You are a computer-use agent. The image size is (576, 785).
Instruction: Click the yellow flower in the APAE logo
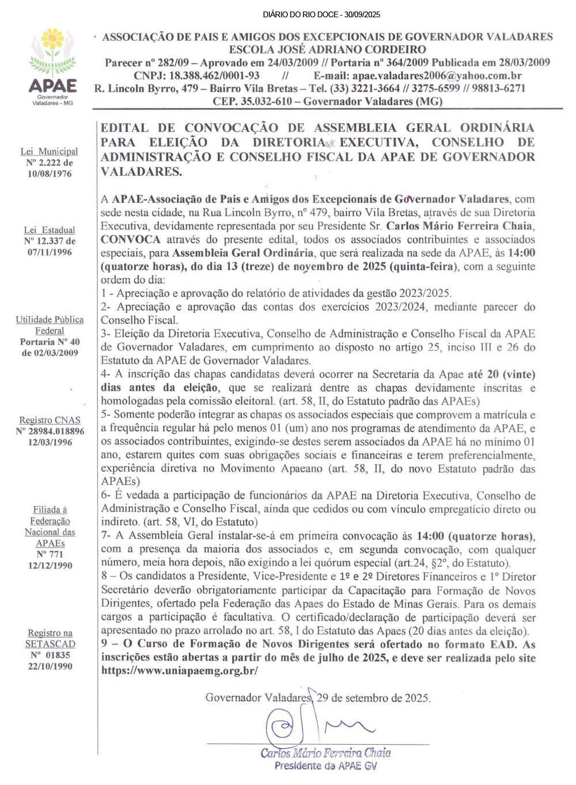click(x=53, y=40)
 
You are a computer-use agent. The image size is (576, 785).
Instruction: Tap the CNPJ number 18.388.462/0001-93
click(x=214, y=75)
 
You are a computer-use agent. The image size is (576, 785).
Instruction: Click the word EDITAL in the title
click(x=124, y=128)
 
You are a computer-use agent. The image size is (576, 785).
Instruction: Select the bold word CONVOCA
click(x=131, y=240)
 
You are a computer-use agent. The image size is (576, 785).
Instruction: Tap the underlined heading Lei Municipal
click(x=50, y=151)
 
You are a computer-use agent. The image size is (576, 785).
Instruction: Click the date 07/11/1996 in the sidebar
click(x=50, y=252)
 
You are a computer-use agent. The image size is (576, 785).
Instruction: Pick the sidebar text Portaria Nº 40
click(x=50, y=342)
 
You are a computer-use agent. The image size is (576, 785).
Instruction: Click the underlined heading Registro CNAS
click(x=50, y=420)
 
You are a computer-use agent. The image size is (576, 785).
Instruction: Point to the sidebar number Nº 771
click(x=50, y=554)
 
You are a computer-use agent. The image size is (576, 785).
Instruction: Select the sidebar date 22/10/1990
click(x=50, y=666)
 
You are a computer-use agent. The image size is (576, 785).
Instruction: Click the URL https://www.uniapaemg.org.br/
click(x=180, y=670)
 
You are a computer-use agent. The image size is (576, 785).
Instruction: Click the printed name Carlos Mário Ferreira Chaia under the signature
click(x=325, y=753)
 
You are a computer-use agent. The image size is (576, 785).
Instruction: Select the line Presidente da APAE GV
click(x=325, y=765)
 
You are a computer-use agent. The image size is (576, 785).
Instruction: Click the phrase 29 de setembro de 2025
click(x=373, y=698)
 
